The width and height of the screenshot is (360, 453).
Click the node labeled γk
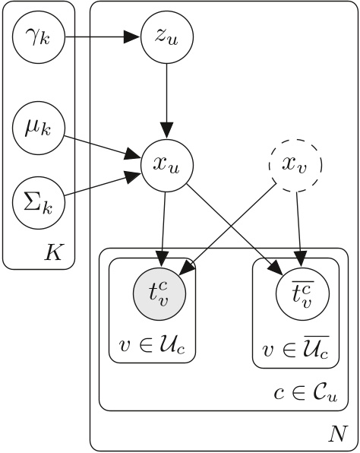point(38,36)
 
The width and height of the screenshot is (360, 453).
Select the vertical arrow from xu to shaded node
point(163,228)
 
